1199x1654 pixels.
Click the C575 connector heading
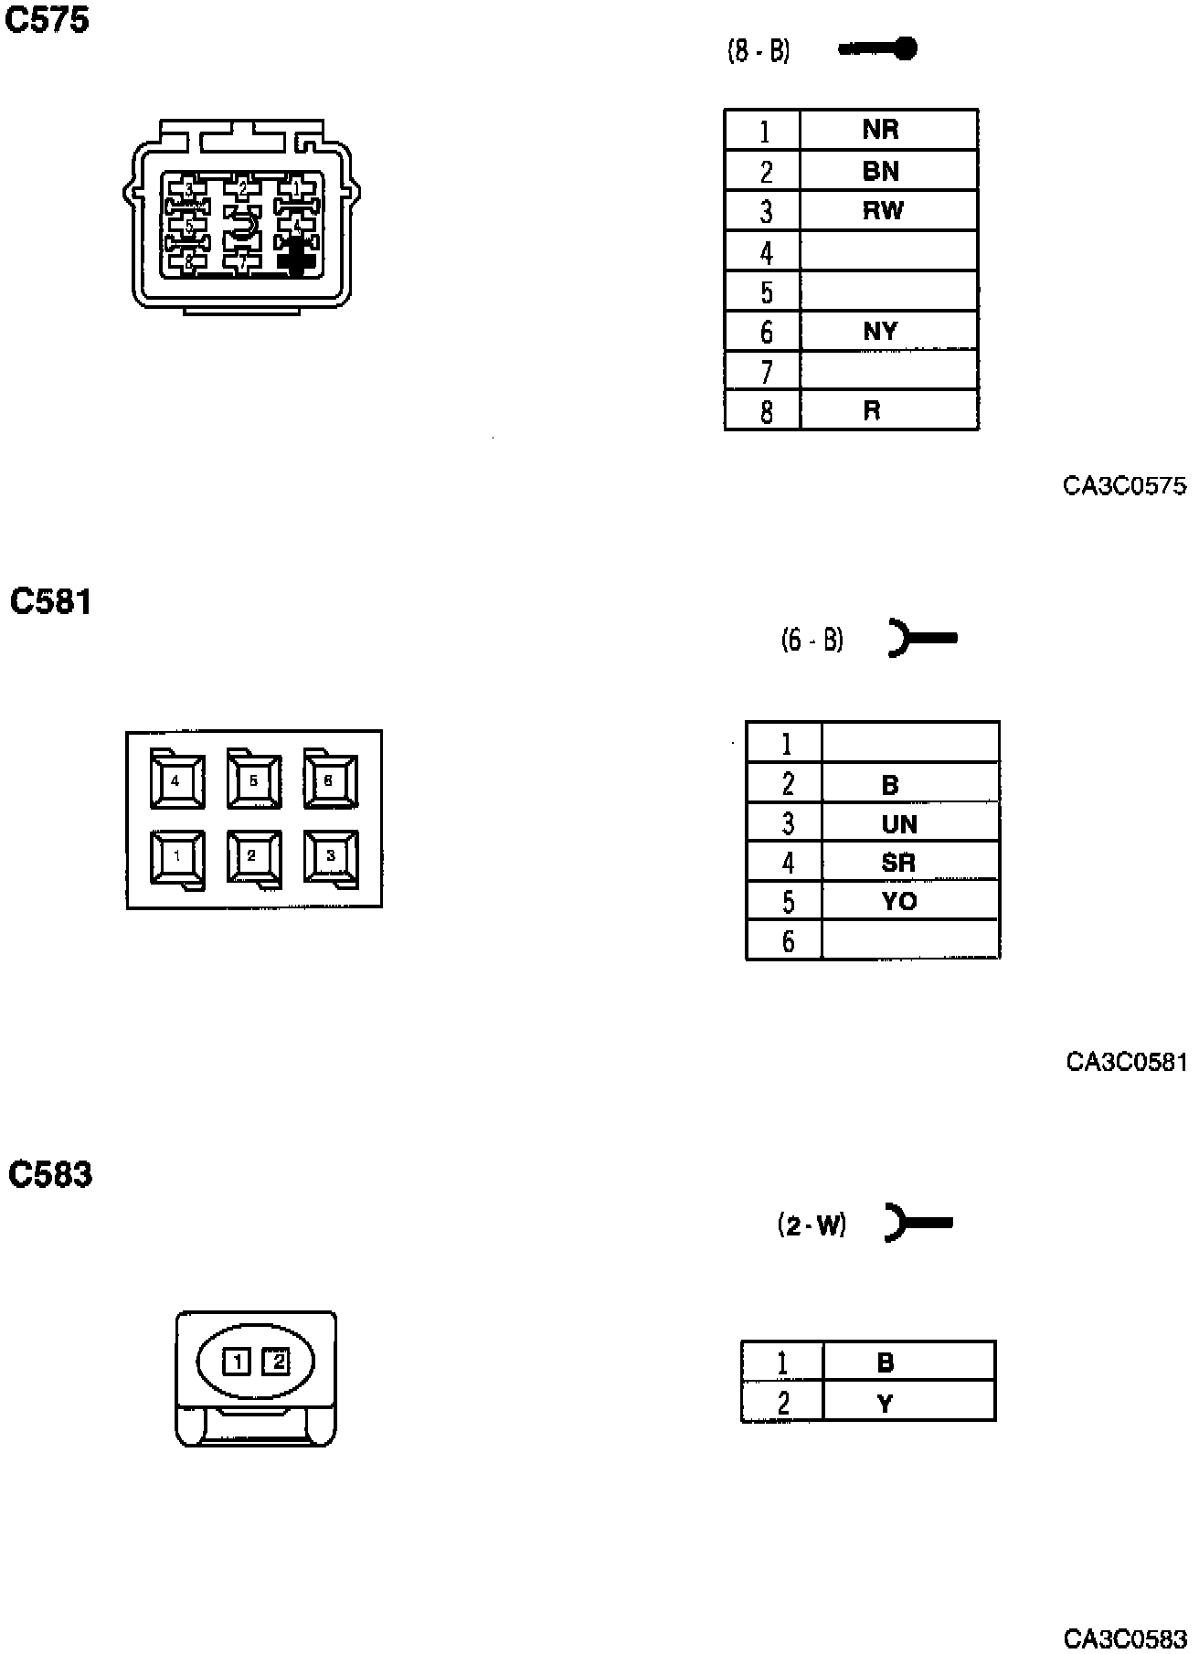coord(48,20)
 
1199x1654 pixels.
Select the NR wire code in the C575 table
coord(880,130)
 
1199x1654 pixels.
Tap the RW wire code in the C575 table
coord(882,211)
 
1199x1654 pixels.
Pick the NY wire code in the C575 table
coord(880,331)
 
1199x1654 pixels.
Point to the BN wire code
coord(880,171)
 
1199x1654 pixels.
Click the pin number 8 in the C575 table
coord(766,412)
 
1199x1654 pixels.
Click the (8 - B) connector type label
coord(758,50)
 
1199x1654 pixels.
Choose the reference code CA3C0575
coord(1124,486)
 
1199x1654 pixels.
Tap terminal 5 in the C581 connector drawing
coord(253,781)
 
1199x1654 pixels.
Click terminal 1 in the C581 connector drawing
coord(177,857)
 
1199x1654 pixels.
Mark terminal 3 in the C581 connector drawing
coord(330,856)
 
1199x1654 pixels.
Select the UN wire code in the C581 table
coord(898,824)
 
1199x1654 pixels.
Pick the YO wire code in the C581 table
coord(898,901)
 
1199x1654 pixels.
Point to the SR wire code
coord(897,863)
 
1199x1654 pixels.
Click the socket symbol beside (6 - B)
coord(921,638)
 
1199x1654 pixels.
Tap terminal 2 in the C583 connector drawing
coord(276,1362)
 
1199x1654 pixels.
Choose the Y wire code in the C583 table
coord(885,1403)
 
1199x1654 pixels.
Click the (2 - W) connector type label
coord(812,1224)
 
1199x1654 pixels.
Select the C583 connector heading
coord(50,1174)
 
